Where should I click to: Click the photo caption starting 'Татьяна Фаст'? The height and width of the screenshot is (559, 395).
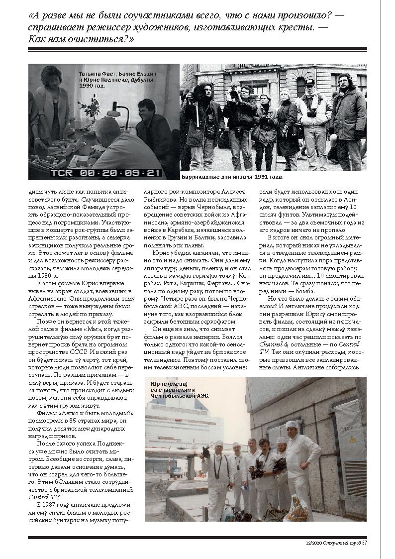[116, 79]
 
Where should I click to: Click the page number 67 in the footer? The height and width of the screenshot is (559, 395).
[364, 543]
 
